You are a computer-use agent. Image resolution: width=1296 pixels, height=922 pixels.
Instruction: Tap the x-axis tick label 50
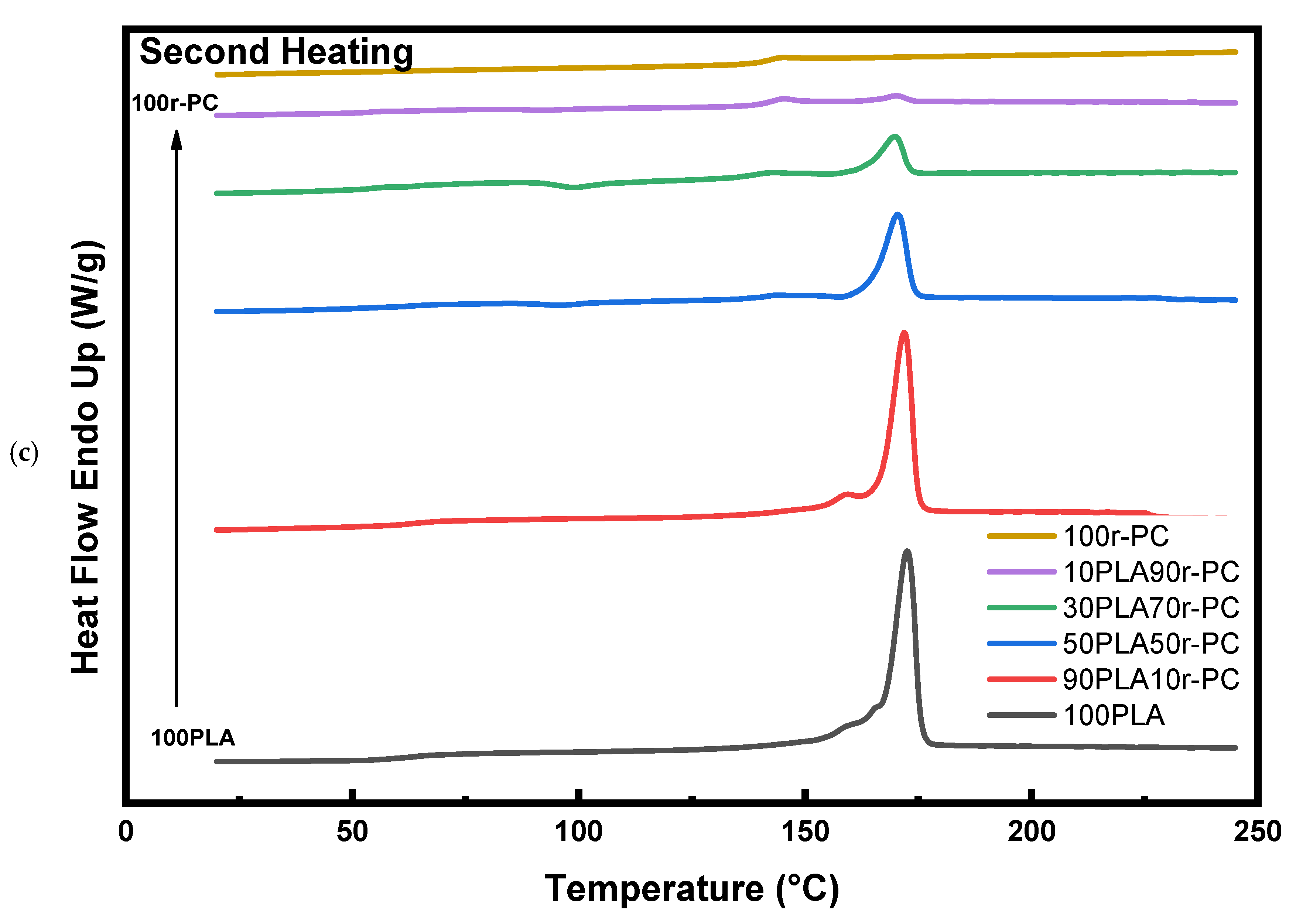352,832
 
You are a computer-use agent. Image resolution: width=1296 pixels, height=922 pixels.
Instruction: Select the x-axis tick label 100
578,832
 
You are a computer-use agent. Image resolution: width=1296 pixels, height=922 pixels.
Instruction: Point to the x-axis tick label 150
805,832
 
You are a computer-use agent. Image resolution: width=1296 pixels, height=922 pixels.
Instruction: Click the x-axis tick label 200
1031,832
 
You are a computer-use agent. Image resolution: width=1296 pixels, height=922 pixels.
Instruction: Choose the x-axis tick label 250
1257,832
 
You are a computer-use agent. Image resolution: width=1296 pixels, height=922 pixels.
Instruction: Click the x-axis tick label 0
126,832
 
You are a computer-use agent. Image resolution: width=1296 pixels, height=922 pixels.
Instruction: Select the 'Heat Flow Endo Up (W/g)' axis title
86,457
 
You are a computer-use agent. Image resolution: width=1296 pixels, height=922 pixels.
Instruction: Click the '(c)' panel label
24,454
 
